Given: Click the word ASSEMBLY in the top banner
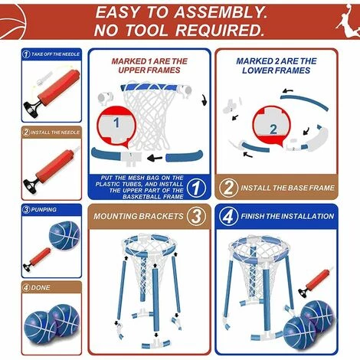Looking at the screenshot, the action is [221, 12].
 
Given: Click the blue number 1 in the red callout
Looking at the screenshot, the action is [116, 123].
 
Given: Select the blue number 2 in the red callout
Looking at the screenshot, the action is [273, 129].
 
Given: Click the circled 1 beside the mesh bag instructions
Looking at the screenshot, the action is [196, 188].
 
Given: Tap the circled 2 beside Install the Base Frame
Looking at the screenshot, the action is [228, 188].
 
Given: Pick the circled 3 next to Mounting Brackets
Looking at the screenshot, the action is [196, 216].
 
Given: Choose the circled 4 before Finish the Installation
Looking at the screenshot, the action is [228, 217].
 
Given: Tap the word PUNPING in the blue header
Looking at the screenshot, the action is [44, 210].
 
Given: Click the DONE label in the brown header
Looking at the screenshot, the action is [41, 287].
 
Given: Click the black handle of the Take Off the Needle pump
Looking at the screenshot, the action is [31, 108].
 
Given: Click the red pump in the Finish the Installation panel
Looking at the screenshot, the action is [316, 282].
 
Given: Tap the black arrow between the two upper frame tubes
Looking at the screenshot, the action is [155, 159].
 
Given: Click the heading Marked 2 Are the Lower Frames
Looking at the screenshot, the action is [277, 66].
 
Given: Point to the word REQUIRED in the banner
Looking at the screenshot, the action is [220, 30].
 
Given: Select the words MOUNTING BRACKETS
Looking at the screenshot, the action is [139, 217].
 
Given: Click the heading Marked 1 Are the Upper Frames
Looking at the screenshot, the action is [149, 66].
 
